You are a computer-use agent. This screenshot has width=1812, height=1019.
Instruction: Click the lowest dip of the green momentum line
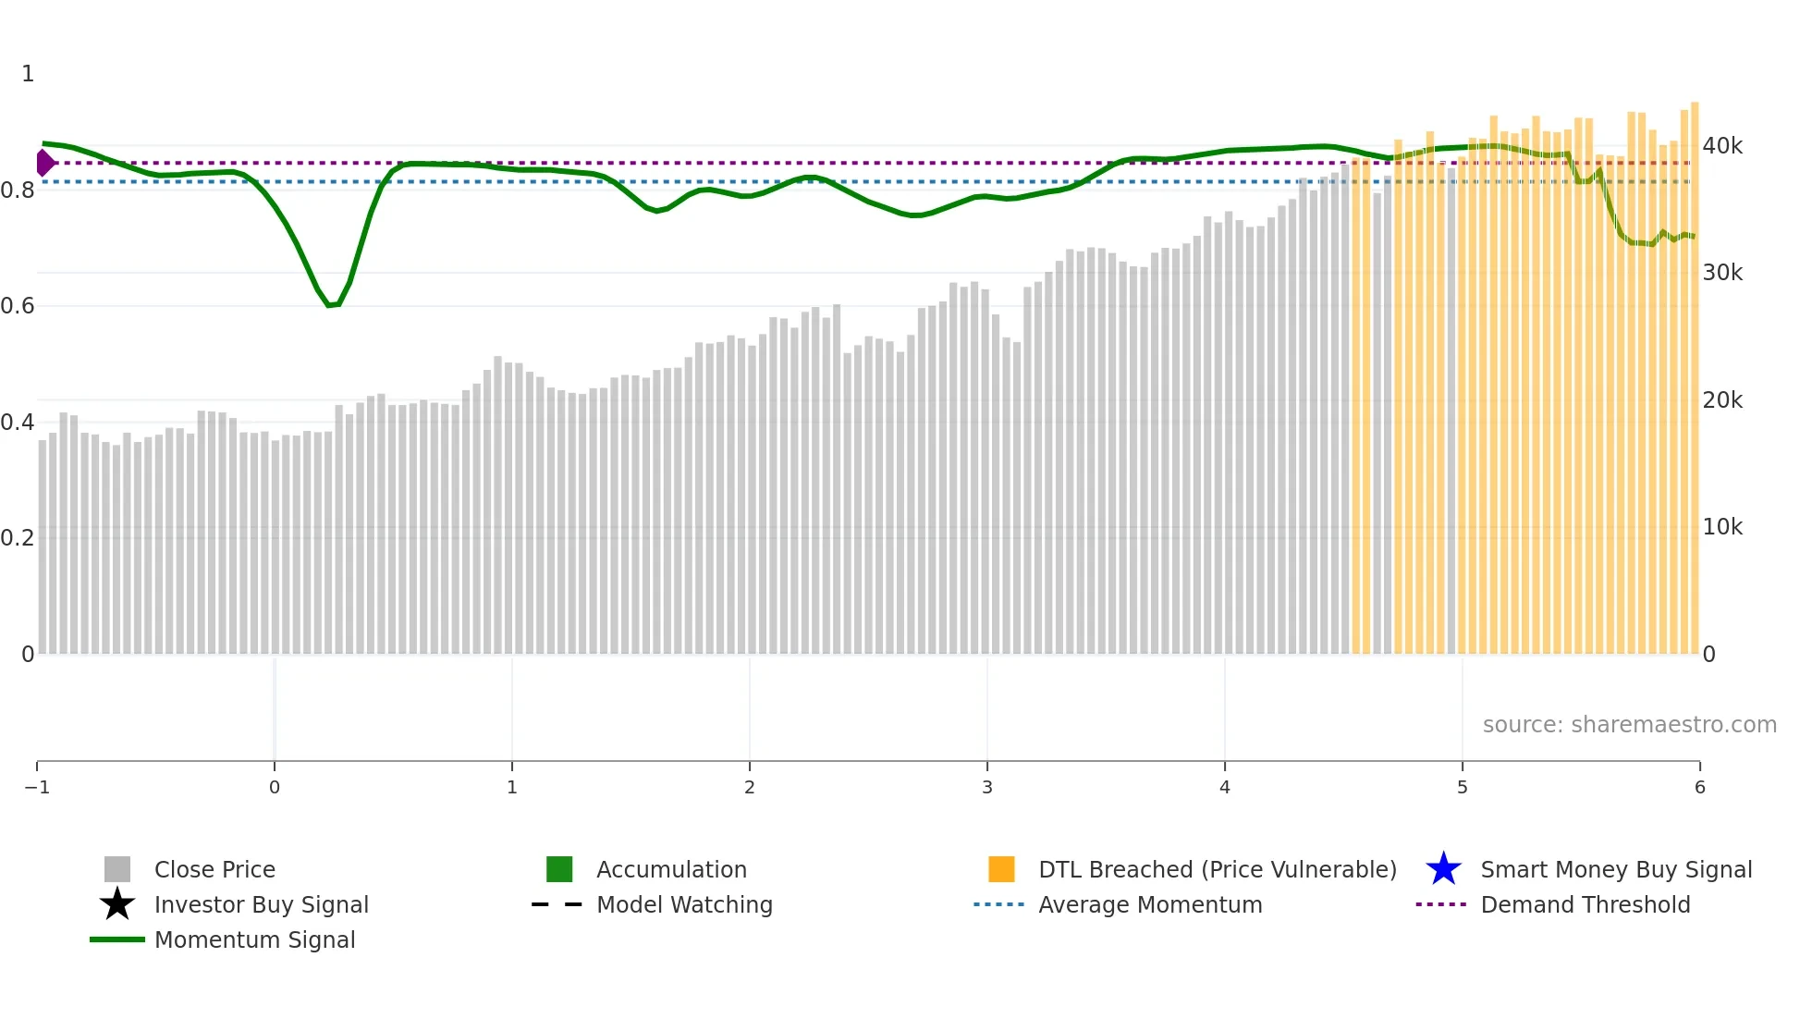[332, 304]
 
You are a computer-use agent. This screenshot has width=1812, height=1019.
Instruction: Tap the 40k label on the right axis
[1722, 146]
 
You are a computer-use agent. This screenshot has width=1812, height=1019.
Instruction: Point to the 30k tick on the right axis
[1722, 273]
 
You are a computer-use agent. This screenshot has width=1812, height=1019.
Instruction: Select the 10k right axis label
[1722, 527]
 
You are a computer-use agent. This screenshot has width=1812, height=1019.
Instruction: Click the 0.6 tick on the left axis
[18, 306]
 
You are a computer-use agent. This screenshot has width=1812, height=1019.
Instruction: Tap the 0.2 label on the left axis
[18, 538]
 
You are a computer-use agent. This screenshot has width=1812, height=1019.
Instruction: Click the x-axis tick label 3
[987, 787]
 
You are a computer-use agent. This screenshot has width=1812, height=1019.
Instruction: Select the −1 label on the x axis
[37, 787]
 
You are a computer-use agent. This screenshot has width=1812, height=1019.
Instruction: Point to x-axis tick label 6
[1699, 787]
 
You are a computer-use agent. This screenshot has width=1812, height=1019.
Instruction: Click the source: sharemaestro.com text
[1629, 725]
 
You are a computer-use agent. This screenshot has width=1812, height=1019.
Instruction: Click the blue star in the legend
[1443, 869]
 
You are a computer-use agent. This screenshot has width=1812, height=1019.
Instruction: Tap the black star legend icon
[117, 904]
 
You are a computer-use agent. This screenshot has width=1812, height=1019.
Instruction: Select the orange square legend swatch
[1001, 869]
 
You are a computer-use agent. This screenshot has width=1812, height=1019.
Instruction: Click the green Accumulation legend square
[559, 869]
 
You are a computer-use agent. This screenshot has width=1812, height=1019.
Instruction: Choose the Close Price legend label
[214, 869]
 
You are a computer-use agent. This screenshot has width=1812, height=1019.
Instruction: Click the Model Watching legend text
[684, 904]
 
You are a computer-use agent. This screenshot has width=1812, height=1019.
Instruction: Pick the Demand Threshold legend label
[1585, 904]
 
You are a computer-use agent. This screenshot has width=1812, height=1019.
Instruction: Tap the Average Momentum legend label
[1150, 904]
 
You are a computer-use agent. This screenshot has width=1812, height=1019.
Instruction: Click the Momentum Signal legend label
[254, 939]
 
